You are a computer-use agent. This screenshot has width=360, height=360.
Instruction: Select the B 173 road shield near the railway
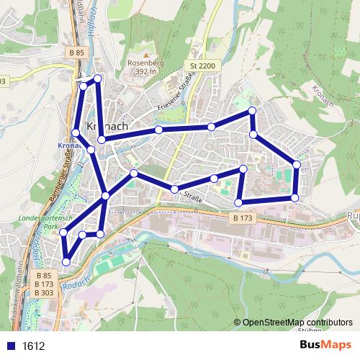tap(243, 217)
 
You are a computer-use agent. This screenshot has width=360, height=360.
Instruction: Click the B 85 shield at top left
tap(78, 53)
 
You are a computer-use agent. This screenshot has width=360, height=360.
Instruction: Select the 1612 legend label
tap(33, 346)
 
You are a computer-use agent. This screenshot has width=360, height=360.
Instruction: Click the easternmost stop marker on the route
tap(297, 165)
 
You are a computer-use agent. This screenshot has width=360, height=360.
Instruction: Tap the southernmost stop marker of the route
tap(66, 262)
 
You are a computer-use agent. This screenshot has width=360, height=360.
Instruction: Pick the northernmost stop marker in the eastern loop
tap(252, 110)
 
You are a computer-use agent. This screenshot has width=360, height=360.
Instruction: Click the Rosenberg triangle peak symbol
tap(145, 54)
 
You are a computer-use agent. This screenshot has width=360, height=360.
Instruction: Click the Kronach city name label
tap(108, 126)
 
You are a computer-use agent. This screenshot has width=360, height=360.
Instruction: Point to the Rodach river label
tap(75, 282)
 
